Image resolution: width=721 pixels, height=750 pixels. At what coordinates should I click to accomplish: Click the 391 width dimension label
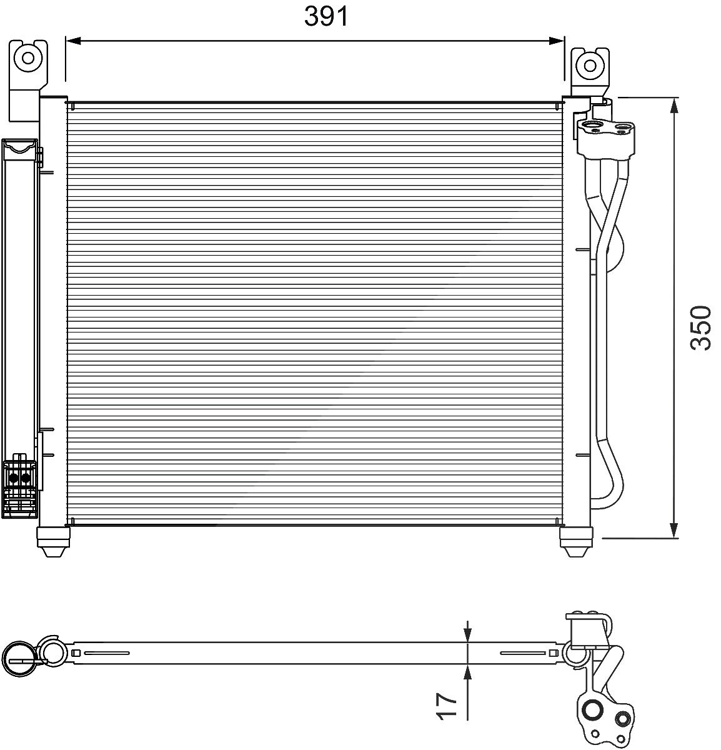pyautogui.click(x=326, y=17)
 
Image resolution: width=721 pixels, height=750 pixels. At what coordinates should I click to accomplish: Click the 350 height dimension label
pyautogui.click(x=700, y=328)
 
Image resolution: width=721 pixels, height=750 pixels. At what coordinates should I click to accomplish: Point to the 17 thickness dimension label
pyautogui.click(x=447, y=706)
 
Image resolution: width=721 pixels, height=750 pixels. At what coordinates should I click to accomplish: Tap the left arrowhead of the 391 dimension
pyautogui.click(x=73, y=41)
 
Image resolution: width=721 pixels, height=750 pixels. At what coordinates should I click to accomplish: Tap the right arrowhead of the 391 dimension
pyautogui.click(x=557, y=41)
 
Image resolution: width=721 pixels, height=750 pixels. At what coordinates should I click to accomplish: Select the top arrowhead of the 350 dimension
pyautogui.click(x=674, y=105)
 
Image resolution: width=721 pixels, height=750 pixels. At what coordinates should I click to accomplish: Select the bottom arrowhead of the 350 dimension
pyautogui.click(x=674, y=530)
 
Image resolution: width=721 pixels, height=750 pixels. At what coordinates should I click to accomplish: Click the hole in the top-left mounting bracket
pyautogui.click(x=27, y=58)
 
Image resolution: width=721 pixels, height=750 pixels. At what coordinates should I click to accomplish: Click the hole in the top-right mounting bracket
pyautogui.click(x=590, y=66)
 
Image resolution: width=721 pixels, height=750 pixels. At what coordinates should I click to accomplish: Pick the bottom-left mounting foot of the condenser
pyautogui.click(x=53, y=541)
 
